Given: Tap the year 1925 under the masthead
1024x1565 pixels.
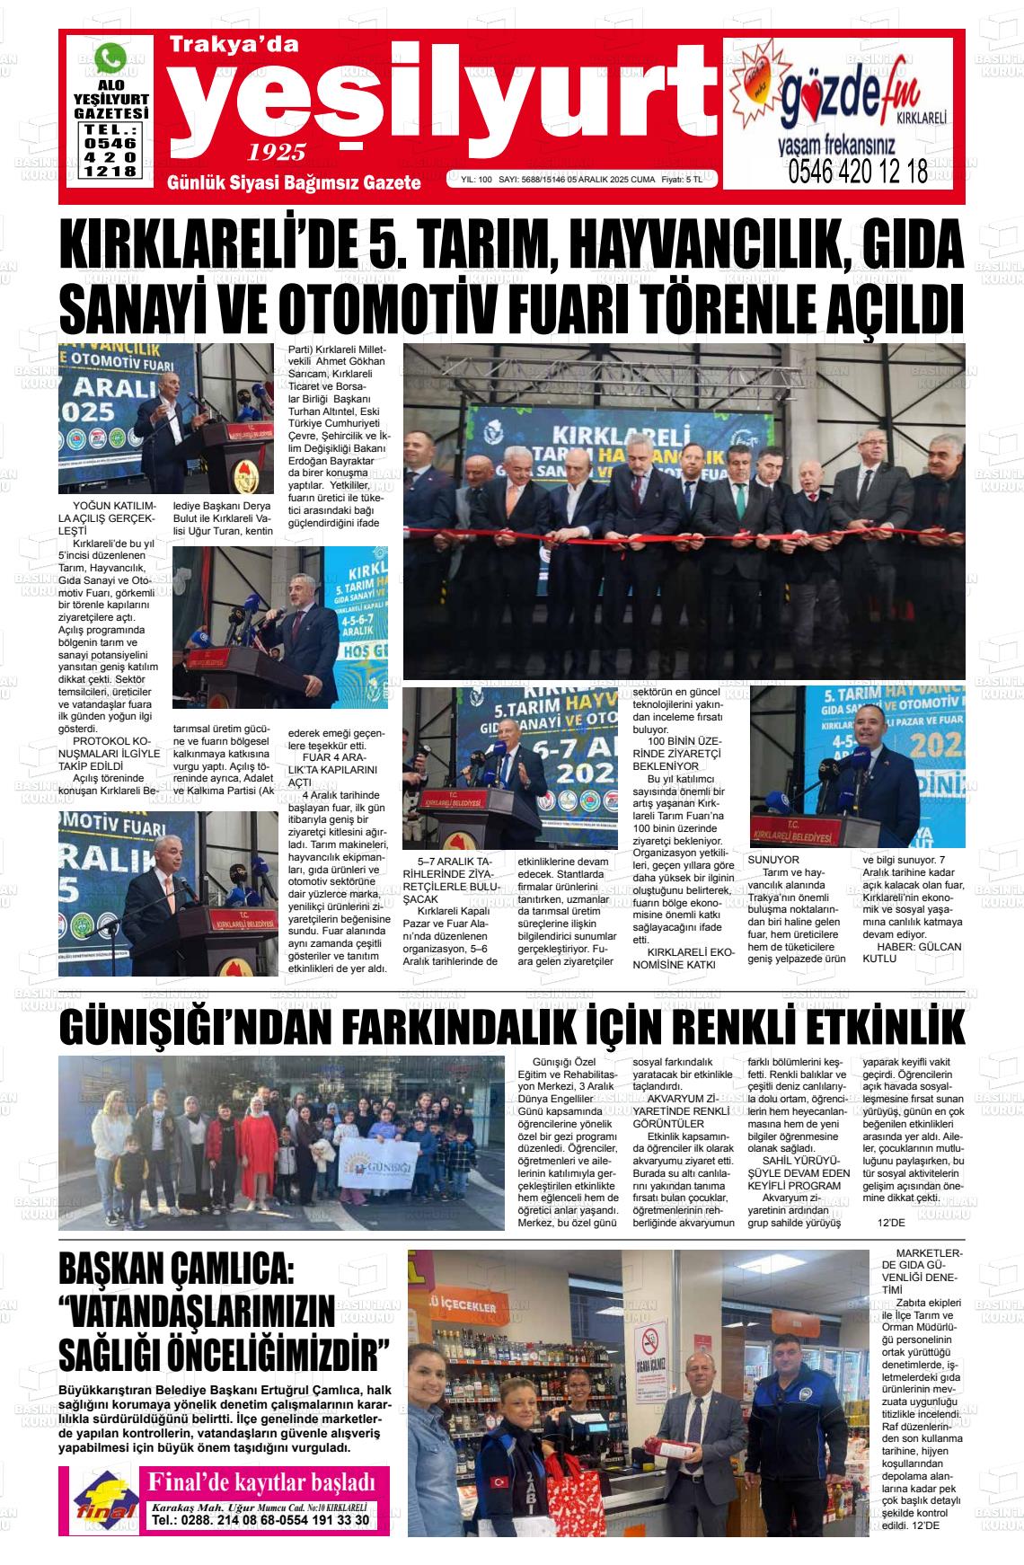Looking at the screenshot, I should (278, 151).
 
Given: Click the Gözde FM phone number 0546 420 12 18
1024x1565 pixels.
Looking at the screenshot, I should (857, 172).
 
